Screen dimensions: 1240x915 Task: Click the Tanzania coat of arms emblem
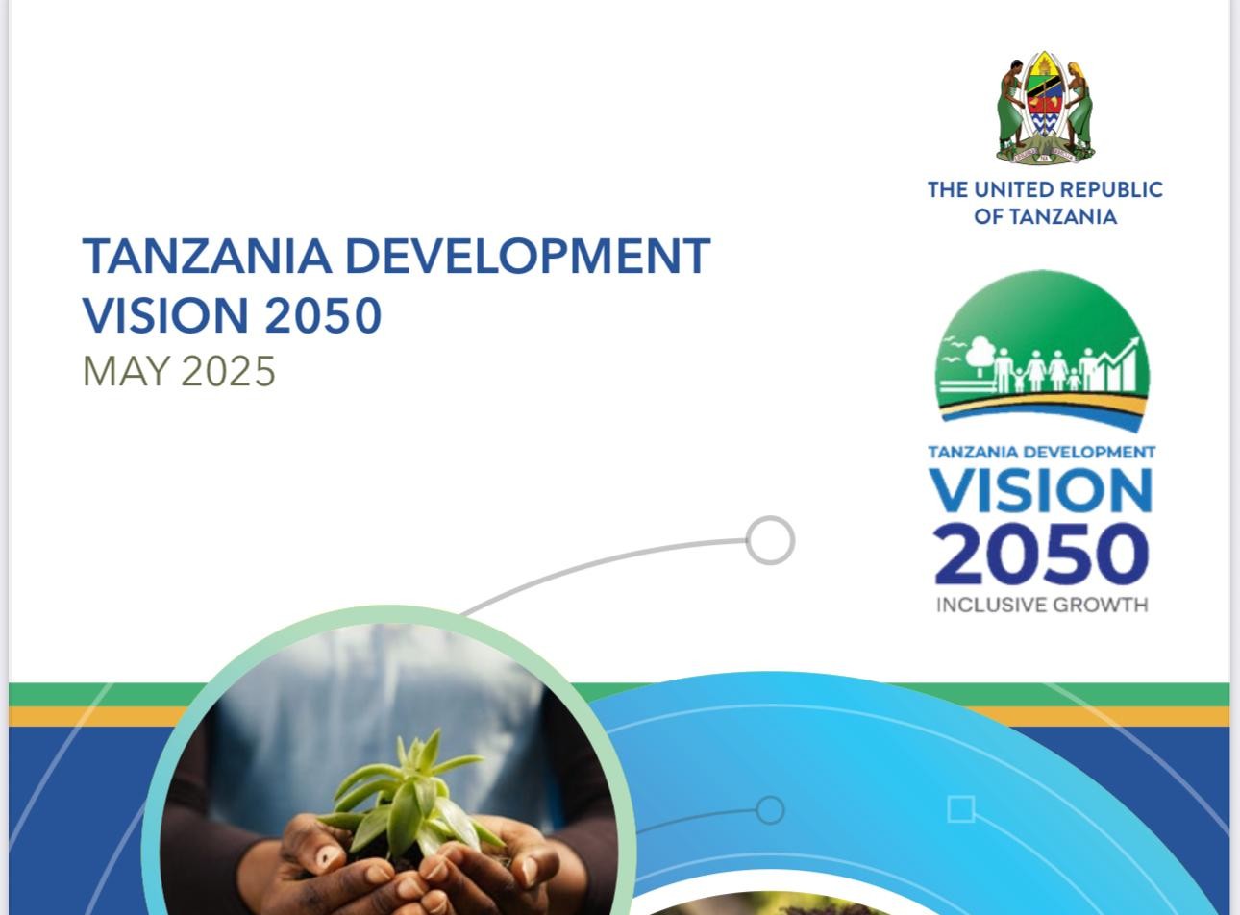tap(1045, 108)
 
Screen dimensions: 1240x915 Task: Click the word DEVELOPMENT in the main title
tap(528, 256)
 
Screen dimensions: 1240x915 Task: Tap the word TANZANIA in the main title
tap(208, 256)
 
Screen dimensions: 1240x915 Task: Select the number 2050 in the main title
tap(323, 315)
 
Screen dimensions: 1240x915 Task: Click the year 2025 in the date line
tap(228, 371)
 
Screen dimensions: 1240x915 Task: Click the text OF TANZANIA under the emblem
tap(1046, 217)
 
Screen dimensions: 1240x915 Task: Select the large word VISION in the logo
tap(1041, 490)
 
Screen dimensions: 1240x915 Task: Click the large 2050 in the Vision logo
tap(1041, 554)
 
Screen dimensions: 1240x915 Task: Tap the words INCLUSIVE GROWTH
tap(1042, 605)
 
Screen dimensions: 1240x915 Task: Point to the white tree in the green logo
tap(980, 358)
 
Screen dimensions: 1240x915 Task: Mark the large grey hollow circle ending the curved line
tap(770, 540)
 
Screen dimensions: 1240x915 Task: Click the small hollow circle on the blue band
tap(770, 810)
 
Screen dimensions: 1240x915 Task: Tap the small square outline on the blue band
tap(961, 809)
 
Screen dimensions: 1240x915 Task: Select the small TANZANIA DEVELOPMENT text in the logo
tap(1042, 452)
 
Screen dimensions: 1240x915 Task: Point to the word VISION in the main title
tap(165, 315)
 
